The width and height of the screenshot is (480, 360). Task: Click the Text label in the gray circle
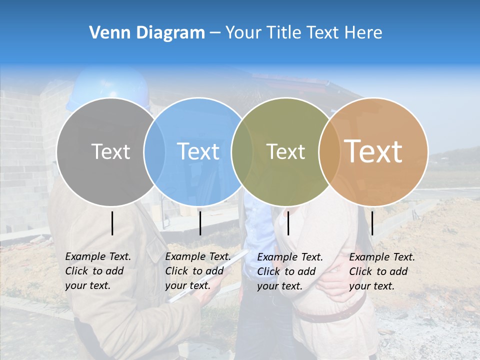coord(110,151)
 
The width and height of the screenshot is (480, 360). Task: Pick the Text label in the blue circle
coord(198,151)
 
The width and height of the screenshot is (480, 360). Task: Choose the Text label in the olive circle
coord(285,151)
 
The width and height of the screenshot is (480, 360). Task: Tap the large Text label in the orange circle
coord(373,151)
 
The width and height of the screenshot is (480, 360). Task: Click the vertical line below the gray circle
coord(112,223)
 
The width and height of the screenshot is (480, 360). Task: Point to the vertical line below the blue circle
coord(200,223)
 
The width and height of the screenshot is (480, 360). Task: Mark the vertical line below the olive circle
coord(288,223)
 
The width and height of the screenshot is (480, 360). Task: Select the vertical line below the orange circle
coord(372,223)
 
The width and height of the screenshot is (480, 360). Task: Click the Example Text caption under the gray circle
coord(97,271)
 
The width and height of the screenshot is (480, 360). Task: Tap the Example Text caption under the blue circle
coord(197,271)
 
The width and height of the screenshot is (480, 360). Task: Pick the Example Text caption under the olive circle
coord(289,271)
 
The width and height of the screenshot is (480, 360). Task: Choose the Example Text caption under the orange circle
coord(381,271)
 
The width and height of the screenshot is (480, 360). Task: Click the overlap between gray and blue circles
coord(154,151)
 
